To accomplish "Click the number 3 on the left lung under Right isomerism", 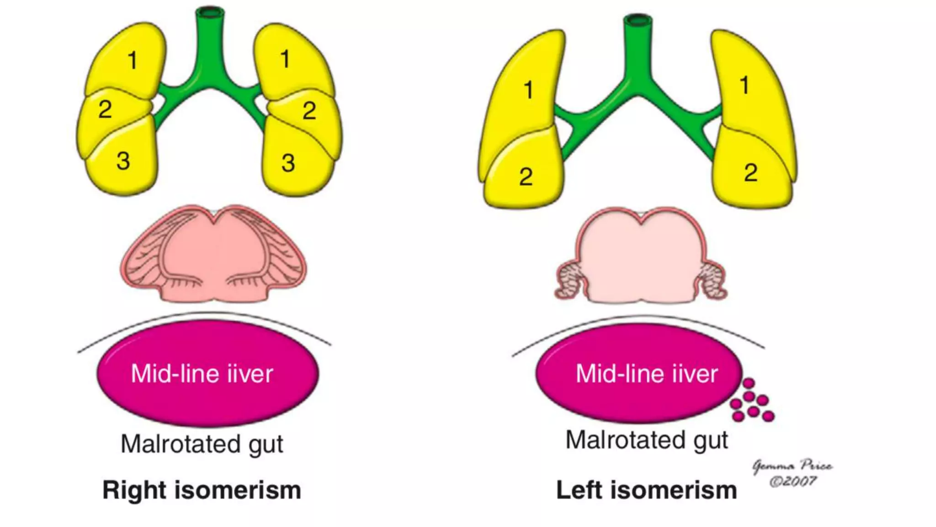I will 123,161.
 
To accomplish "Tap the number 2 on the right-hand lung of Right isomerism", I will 309,111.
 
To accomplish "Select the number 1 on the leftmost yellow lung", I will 132,60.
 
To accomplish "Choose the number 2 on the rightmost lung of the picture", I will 750,173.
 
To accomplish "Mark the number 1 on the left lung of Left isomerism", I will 528,90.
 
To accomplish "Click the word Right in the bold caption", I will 134,490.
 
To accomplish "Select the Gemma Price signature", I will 792,466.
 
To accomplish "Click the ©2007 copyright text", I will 793,481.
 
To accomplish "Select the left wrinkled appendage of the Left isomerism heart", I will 569,280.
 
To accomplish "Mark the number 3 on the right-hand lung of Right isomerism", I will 288,163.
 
